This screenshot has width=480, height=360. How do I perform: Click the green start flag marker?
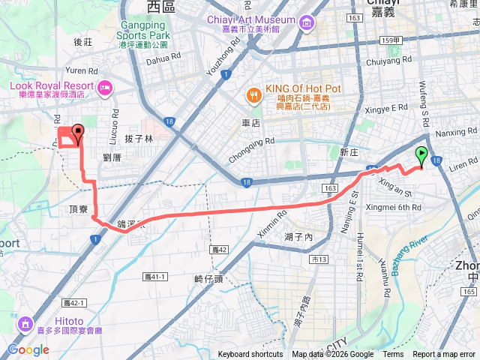pos(421,157)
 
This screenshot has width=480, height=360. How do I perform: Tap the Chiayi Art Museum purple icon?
pos(305,23)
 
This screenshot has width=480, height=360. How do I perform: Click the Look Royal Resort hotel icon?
pos(104,89)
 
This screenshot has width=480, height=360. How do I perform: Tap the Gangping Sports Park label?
pos(144,29)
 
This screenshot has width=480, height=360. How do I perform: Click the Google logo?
pos(28,349)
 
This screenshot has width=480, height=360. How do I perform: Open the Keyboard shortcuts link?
pos(250,355)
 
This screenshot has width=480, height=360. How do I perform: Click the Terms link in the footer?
pos(393,355)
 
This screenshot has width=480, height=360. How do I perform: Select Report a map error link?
pos(444,355)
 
